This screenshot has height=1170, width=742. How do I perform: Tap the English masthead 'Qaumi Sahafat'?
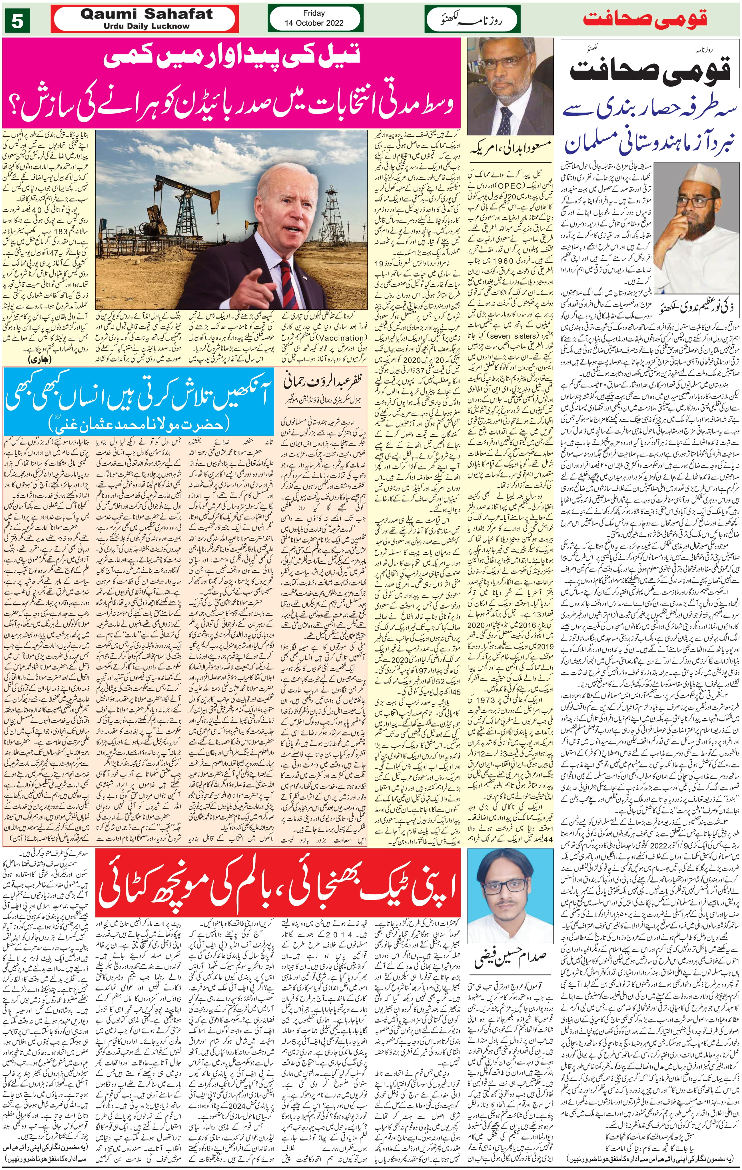click(147, 14)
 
